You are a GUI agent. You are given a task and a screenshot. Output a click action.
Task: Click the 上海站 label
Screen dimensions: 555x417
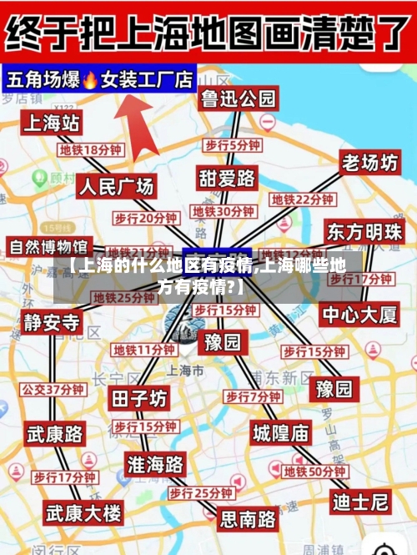coord(52,124)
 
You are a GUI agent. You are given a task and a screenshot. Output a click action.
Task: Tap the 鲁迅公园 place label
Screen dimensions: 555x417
coord(238,99)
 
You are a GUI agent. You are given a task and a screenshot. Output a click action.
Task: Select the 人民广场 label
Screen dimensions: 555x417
coord(116,185)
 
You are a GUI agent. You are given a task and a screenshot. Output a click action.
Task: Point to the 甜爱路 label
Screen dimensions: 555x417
coord(226,179)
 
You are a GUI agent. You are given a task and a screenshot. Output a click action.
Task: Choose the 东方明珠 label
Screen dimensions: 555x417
coord(364,231)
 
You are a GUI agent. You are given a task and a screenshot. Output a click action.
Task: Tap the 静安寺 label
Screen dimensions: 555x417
coord(52,322)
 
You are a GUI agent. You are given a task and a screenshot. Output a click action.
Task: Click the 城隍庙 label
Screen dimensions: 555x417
coord(281,432)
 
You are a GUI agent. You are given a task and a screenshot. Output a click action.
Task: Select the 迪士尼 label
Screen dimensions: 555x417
coord(360,502)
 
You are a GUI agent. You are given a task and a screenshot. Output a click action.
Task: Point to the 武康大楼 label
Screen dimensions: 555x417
coord(83,511)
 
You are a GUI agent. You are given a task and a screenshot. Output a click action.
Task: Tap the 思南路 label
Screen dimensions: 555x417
coord(248,519)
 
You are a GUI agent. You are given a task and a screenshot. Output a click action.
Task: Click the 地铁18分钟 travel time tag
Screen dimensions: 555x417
coord(90,150)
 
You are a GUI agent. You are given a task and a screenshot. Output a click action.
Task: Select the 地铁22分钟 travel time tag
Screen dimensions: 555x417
coord(302,200)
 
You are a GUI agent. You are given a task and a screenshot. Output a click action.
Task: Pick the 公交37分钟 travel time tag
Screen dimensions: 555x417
coord(53,389)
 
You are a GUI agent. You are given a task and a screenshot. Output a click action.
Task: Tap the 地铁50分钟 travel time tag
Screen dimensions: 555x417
coord(314,472)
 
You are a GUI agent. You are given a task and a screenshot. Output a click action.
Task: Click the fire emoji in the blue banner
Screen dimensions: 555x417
coord(90,80)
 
